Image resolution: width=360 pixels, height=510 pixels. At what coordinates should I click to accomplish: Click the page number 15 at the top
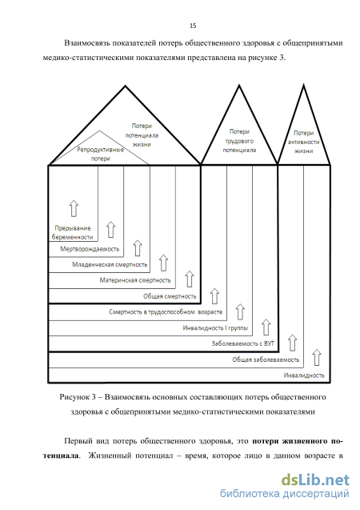(x=193, y=26)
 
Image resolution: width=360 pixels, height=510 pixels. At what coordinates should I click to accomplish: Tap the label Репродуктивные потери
(x=100, y=155)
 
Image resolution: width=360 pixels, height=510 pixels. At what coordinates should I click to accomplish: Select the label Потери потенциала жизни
(x=142, y=135)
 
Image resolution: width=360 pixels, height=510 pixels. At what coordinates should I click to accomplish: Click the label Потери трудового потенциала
(x=239, y=141)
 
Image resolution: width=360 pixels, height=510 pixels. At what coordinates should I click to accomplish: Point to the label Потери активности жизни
(x=303, y=142)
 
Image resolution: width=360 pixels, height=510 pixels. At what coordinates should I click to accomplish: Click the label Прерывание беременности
(x=73, y=232)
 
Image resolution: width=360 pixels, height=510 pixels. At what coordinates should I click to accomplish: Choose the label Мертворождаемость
(x=90, y=249)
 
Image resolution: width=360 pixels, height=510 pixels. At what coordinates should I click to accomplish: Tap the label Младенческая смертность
(x=110, y=264)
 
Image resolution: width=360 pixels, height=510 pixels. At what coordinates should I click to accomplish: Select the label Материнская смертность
(x=135, y=280)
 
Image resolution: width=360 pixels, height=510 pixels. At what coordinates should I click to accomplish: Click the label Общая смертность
(x=170, y=296)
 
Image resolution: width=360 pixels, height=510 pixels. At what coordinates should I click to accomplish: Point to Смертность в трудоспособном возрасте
(x=166, y=312)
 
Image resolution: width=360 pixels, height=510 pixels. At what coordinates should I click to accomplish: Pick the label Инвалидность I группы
(x=215, y=328)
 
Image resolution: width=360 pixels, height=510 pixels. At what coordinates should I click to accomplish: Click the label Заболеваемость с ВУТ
(x=242, y=343)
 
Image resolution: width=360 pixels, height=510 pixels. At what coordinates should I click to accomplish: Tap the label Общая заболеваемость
(x=266, y=359)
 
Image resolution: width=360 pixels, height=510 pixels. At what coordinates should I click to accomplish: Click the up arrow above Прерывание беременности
(x=74, y=208)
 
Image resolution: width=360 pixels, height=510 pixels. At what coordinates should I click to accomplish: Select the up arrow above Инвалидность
(x=317, y=357)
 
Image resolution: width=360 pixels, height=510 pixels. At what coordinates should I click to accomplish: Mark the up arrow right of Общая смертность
(x=214, y=295)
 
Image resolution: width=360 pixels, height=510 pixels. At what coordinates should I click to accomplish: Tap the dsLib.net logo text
(x=315, y=480)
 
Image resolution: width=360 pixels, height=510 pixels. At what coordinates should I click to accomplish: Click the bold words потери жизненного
(x=290, y=441)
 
